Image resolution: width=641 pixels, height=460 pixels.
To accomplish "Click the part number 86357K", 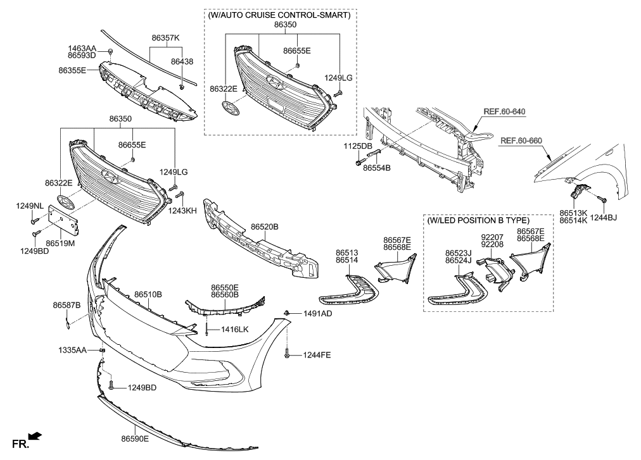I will [x=165, y=38].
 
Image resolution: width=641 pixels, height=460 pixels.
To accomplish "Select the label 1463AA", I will [x=82, y=47].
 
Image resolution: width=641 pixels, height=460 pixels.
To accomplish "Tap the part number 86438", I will [x=182, y=62].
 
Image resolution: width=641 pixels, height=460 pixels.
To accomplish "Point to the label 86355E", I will [x=72, y=70].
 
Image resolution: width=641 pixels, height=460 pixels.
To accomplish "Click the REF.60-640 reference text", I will [x=504, y=112].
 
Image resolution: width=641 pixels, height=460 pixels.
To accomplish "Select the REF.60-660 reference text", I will [x=521, y=140].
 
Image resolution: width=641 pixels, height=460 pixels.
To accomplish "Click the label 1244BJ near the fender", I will [x=604, y=218].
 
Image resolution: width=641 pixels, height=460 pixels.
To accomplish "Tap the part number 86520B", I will [x=264, y=226].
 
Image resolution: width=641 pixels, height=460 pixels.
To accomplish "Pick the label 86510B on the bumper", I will [x=148, y=294].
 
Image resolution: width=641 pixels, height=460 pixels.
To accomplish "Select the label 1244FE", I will [x=316, y=355].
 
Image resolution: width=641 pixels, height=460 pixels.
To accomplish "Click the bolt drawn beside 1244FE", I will [x=288, y=355].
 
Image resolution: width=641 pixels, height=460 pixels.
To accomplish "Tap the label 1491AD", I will [x=317, y=313].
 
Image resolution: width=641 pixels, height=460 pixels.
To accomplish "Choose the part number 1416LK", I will [x=234, y=330].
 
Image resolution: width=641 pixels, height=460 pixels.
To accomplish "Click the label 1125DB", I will [x=358, y=146].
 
